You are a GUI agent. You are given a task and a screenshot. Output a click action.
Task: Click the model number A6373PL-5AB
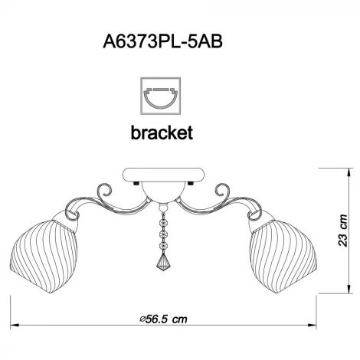tap(162, 41)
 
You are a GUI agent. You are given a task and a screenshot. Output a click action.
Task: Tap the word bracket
tap(162, 133)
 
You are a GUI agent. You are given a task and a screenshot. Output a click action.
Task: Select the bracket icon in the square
tap(161, 96)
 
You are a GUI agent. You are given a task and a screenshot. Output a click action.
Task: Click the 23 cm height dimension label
tap(343, 231)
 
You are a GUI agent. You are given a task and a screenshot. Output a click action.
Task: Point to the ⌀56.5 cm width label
tap(163, 319)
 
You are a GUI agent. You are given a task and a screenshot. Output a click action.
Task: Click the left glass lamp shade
tap(44, 255)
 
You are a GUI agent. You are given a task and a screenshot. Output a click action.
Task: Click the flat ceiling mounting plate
tap(163, 175)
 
